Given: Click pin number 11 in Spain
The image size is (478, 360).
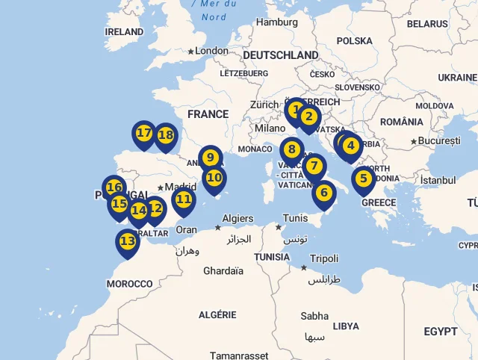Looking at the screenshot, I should tap(184, 200).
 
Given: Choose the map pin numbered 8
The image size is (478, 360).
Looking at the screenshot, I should tap(291, 150).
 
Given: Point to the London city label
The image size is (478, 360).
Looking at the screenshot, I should tap(211, 51).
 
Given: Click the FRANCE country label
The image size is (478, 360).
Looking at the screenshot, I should tap(208, 114).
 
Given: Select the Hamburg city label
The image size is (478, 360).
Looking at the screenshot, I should tap(277, 22).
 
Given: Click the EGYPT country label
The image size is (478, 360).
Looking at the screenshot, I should tap(441, 331).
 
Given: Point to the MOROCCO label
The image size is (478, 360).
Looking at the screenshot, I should tap(129, 284).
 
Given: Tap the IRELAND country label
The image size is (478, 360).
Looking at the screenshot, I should tap(125, 32).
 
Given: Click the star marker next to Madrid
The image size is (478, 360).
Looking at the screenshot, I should tap(160, 187).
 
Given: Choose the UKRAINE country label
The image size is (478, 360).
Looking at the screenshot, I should tap(457, 78).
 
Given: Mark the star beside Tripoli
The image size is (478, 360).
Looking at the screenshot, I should tap(304, 267).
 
